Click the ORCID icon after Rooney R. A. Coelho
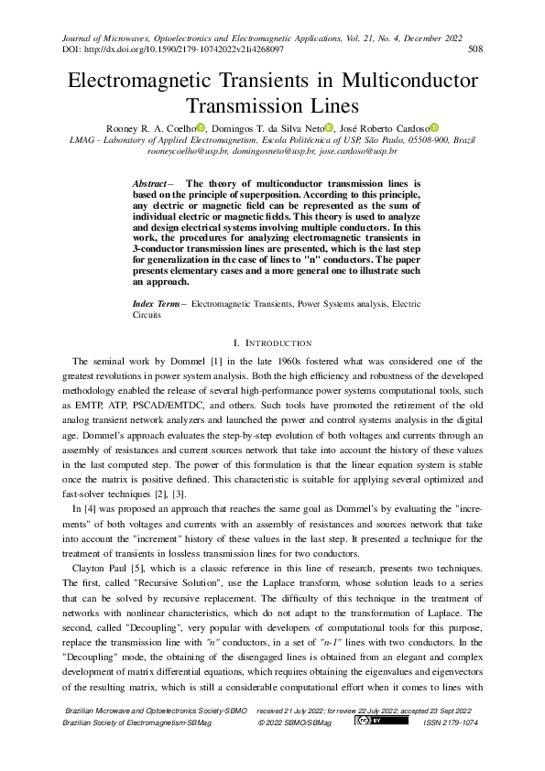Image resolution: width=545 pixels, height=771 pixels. pos(202,127)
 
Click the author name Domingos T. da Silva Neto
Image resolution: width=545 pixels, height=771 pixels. pos(266,127)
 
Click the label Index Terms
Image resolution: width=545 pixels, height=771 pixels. pos(157,302)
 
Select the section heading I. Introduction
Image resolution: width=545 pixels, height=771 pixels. pos(272,342)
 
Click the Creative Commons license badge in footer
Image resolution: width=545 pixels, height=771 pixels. pos(370,721)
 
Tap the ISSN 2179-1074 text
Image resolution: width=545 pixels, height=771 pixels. pos(450,722)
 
